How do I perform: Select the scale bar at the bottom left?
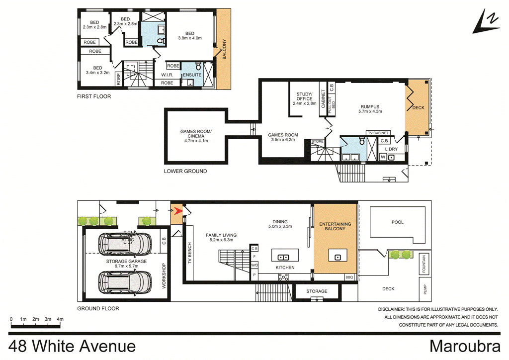pos(35,325)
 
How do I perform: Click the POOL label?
pos(398,222)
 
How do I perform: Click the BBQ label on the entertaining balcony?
pos(349,277)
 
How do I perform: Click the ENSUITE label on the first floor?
pos(192,75)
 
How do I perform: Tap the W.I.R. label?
pos(167,75)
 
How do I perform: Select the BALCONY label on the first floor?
pos(224,50)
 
